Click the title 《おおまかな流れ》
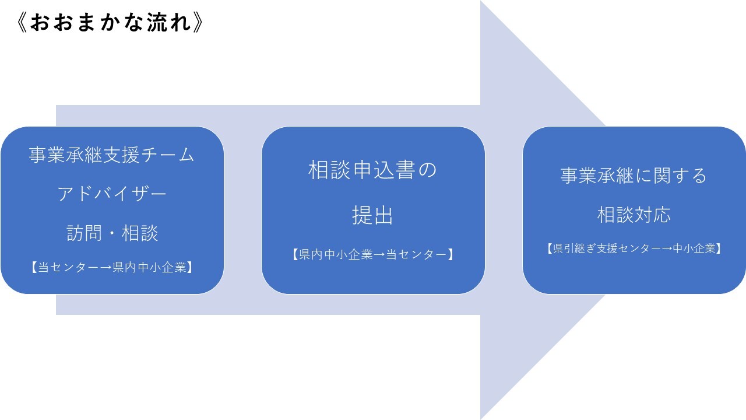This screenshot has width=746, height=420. pyautogui.click(x=110, y=23)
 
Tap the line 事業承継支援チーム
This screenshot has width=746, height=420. pyautogui.click(x=111, y=155)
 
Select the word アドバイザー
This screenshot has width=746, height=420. pyautogui.click(x=112, y=194)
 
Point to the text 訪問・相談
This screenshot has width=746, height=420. pyautogui.click(x=112, y=233)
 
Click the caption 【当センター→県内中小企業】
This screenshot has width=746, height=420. pyautogui.click(x=112, y=267)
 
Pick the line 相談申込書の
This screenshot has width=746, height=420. pyautogui.click(x=372, y=170)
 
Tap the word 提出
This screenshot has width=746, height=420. pyautogui.click(x=372, y=215)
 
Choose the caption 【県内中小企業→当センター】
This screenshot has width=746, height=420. pyautogui.click(x=373, y=254)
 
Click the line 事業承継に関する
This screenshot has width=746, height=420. pyautogui.click(x=634, y=176)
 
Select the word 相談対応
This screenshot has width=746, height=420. pyautogui.click(x=634, y=214)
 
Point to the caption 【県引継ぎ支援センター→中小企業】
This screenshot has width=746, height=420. pyautogui.click(x=634, y=249)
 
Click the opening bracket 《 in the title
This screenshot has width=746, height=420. pyautogui.click(x=22, y=23)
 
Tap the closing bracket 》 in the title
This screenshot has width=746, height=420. pyautogui.click(x=198, y=23)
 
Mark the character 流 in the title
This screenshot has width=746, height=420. pyautogui.click(x=157, y=23)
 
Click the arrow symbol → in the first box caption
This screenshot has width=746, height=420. pyautogui.click(x=105, y=268)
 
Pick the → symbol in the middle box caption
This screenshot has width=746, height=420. pyautogui.click(x=379, y=255)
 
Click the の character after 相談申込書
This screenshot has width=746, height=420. pyautogui.click(x=427, y=170)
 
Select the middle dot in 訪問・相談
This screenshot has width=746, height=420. pyautogui.click(x=112, y=233)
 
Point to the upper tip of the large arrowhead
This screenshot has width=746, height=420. pyautogui.click(x=481, y=1)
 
